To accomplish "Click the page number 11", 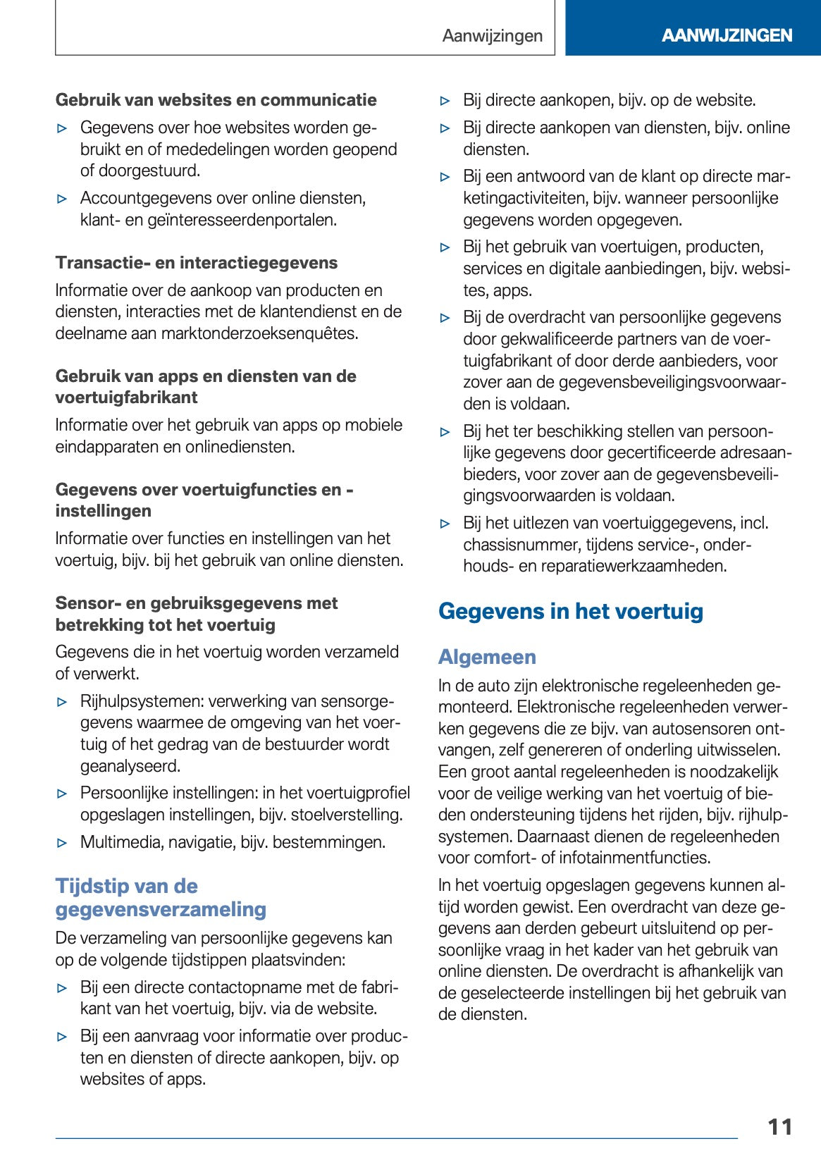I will (780, 1127).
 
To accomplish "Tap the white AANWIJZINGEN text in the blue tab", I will (727, 35).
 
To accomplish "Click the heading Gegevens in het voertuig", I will (571, 611).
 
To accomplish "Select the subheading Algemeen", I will (487, 657).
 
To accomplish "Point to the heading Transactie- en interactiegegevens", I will (197, 263).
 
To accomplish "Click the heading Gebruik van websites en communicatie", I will (216, 100).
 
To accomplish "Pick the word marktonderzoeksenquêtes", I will (259, 333).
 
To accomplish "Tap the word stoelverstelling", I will (346, 815).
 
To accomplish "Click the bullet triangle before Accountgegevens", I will (62, 199).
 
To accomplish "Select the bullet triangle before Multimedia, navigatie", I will (62, 843).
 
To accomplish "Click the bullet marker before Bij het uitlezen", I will (445, 524).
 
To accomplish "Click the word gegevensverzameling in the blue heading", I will (161, 910).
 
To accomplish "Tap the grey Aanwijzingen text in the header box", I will (493, 36).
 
